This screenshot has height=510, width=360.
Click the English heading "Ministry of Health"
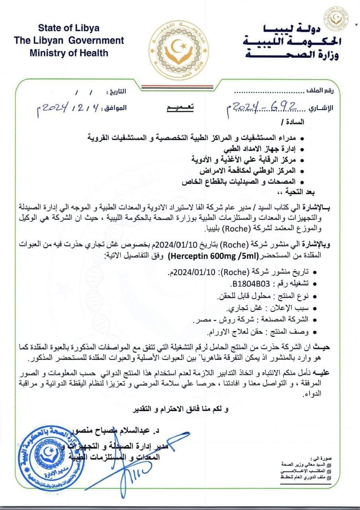click(69, 52)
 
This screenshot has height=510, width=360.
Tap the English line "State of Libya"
click(69, 28)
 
